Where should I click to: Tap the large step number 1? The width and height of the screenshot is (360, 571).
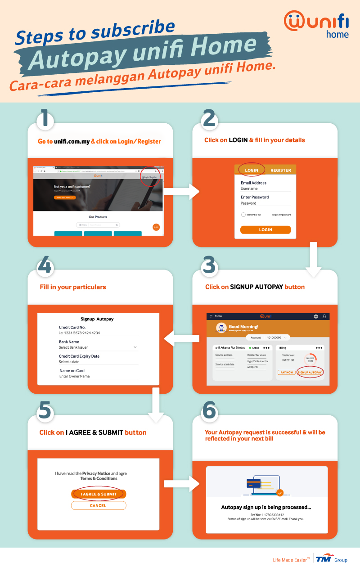tap(45, 119)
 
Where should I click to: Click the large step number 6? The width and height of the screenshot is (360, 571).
tap(209, 411)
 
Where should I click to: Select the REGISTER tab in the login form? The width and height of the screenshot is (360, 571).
tap(280, 170)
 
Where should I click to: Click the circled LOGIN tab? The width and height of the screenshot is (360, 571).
tap(252, 170)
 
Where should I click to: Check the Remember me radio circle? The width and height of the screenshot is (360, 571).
tap(243, 215)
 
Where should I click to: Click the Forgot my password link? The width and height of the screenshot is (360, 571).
tap(281, 215)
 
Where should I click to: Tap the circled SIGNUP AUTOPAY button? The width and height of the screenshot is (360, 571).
tap(310, 372)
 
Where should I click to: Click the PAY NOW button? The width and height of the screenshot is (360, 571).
tap(286, 372)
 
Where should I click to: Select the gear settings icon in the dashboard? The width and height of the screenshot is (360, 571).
tap(316, 316)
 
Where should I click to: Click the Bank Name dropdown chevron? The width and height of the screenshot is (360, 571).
tap(135, 347)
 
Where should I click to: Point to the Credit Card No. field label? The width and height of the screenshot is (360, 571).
tap(72, 327)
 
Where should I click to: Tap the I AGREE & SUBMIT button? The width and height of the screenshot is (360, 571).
tap(99, 494)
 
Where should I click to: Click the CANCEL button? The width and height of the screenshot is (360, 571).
tap(98, 505)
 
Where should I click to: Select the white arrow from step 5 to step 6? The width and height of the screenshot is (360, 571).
tap(182, 484)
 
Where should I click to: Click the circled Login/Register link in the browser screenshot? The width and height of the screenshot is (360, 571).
tap(150, 177)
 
